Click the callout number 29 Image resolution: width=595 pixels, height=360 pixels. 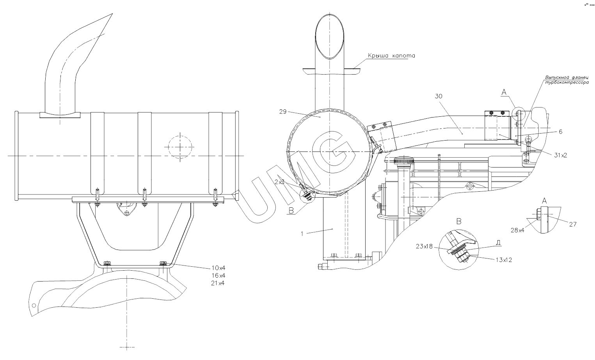click(283, 111)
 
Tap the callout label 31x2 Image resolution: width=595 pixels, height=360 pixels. click(560, 155)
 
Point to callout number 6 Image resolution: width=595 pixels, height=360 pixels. click(560, 132)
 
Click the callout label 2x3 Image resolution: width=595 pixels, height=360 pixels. click(279, 182)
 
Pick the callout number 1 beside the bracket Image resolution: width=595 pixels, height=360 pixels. click(302, 233)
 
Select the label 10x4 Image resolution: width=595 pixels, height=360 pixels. click(218, 268)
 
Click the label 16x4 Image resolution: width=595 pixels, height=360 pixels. click(218, 275)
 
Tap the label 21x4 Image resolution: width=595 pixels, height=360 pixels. click(218, 283)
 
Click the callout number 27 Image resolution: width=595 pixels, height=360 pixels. click(572, 224)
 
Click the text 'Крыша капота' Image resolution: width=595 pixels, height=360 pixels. click(391, 56)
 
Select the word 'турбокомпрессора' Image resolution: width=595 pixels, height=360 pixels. click(567, 83)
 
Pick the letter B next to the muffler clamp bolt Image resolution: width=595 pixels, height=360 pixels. click(291, 211)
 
